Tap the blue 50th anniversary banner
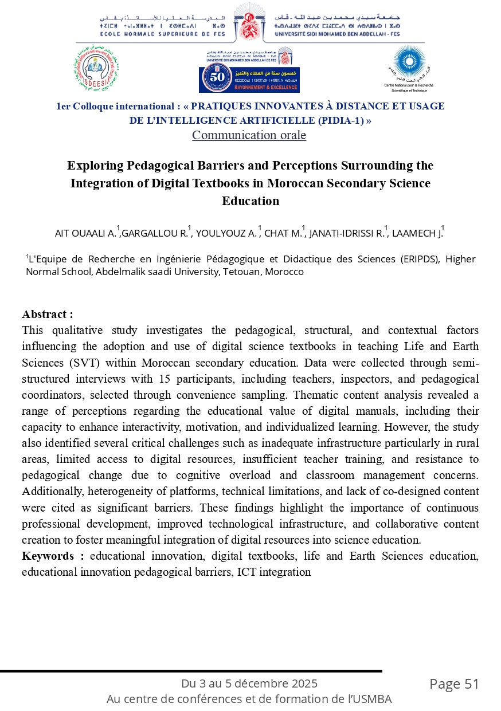pos(249,79)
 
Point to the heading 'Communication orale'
pos(249,135)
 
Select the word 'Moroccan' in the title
pos(313,183)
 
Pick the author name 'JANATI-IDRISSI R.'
pos(347,233)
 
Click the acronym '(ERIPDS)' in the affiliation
pos(419,259)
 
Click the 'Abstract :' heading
pos(47,315)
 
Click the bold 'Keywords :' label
pos(53,556)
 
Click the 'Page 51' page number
pos(454,683)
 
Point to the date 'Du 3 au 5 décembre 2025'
pos(249,683)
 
